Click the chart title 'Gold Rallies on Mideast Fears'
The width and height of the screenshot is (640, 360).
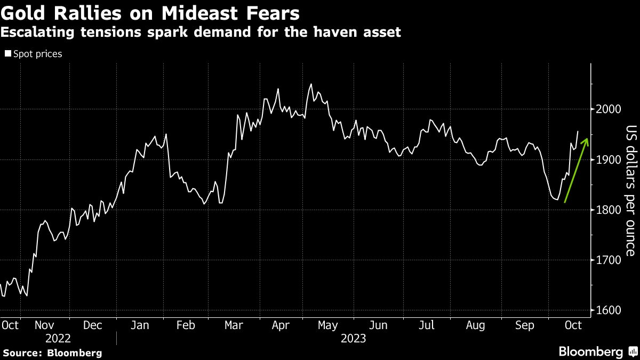coord(150,13)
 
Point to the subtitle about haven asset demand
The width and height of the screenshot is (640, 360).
coord(201,33)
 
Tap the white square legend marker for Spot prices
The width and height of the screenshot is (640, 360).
coord(8,54)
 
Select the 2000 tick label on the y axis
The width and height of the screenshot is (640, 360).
coord(607,109)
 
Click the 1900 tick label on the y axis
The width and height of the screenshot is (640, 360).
coord(607,159)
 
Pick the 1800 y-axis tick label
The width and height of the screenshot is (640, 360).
coord(607,210)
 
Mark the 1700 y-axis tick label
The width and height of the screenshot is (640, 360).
coord(607,260)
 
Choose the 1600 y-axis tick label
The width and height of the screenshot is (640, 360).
coord(607,310)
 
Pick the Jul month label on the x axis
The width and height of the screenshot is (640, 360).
coord(426,325)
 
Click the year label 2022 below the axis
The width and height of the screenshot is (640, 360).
coord(58,338)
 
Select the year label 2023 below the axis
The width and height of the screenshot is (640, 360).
coord(353,338)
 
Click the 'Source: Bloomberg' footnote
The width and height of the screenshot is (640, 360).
coord(52,353)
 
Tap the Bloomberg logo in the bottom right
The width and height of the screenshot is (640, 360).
coord(597,352)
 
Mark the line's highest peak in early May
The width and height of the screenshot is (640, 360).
coord(311,84)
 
